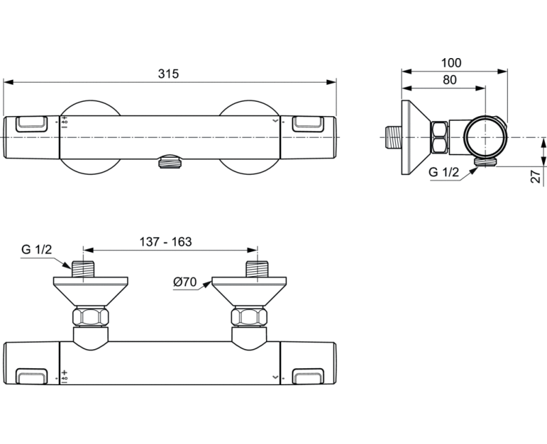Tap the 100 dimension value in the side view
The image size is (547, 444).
(x=452, y=63)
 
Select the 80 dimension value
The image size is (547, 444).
(x=449, y=80)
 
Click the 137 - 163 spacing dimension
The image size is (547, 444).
(x=165, y=242)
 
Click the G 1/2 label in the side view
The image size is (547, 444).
(x=442, y=172)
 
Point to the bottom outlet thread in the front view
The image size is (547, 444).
(x=169, y=162)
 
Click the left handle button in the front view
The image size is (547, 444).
(x=31, y=124)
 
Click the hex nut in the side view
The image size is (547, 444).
(x=440, y=137)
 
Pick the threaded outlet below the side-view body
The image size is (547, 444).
(x=484, y=161)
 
